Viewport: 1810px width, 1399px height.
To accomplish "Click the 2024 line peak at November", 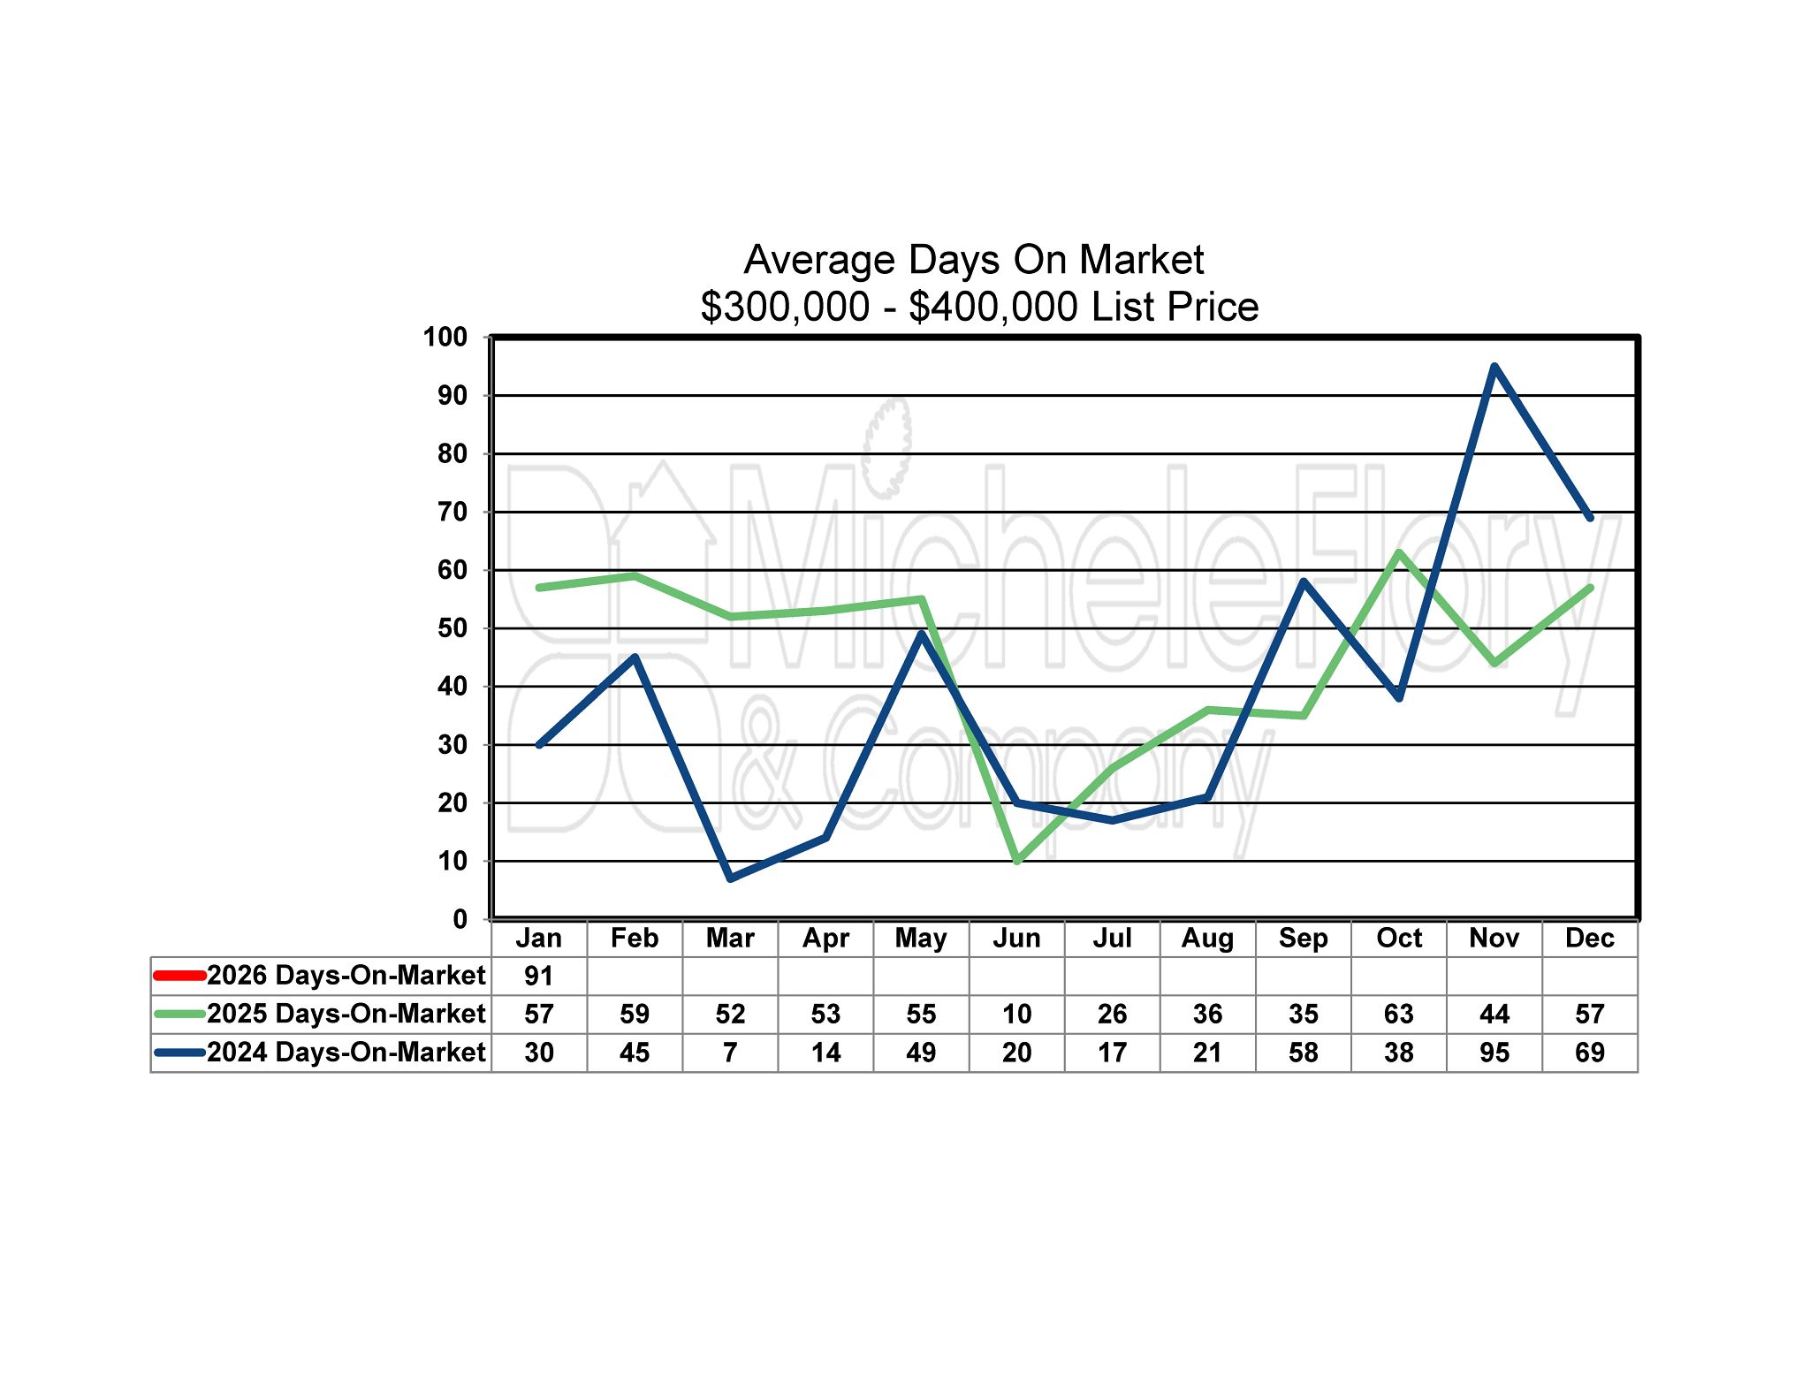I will click(1494, 366).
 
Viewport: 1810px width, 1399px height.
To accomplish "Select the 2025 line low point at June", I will click(1017, 860).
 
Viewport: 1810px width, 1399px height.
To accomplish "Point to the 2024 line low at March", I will click(731, 878).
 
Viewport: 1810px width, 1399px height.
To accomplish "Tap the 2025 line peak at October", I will click(1399, 553).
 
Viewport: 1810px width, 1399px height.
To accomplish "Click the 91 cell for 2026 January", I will click(539, 976).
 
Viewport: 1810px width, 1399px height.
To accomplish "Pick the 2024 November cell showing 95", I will click(1494, 1053).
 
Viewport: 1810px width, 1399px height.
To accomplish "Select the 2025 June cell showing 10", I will click(1017, 1014).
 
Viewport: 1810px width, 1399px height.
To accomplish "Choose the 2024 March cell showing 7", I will click(731, 1053).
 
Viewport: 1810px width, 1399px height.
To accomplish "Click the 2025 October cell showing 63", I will click(1399, 1014).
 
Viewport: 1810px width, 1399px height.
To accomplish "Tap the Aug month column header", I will click(1208, 938).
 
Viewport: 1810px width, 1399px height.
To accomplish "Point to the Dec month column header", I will click(1590, 938).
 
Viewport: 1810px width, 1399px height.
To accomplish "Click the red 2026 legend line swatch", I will click(179, 976).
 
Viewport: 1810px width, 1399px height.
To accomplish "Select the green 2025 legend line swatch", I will click(179, 1014).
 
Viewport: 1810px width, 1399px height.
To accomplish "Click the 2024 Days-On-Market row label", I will click(346, 1053).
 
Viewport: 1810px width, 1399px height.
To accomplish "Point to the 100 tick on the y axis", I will click(445, 337).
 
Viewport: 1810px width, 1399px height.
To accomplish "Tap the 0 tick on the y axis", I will click(460, 919).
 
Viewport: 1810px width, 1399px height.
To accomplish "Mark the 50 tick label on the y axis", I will click(452, 628).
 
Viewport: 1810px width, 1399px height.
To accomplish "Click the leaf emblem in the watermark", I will click(887, 446).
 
